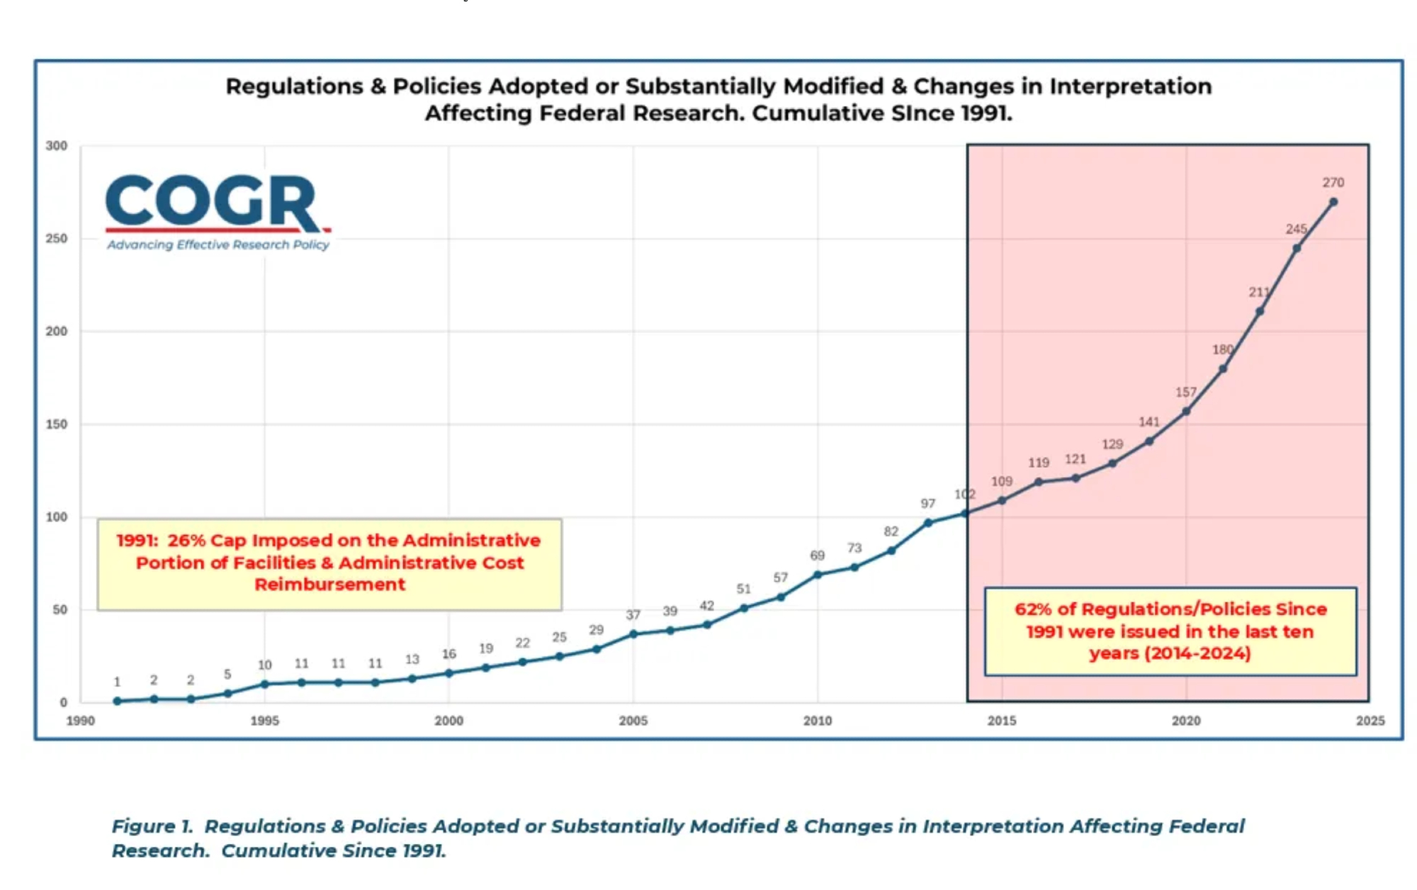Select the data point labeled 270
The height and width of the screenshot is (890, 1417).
tap(1333, 202)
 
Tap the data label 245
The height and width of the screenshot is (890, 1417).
tap(1296, 229)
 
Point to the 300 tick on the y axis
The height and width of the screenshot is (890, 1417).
tap(57, 146)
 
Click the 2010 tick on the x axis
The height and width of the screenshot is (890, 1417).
tap(817, 721)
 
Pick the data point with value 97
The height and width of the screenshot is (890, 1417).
tap(928, 523)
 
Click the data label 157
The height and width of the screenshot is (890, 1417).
tap(1185, 392)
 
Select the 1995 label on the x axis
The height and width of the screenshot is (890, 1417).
tap(264, 721)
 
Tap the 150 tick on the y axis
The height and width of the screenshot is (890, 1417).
tap(57, 424)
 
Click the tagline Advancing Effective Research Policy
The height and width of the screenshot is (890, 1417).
tap(218, 245)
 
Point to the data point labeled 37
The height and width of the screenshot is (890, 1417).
tap(633, 634)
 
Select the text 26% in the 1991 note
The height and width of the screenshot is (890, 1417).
tap(186, 541)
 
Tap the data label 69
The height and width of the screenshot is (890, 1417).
tap(817, 556)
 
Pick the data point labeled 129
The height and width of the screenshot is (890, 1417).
tap(1112, 463)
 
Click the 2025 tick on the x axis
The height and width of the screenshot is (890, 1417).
tap(1370, 721)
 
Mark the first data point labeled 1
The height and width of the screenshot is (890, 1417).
tap(118, 702)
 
